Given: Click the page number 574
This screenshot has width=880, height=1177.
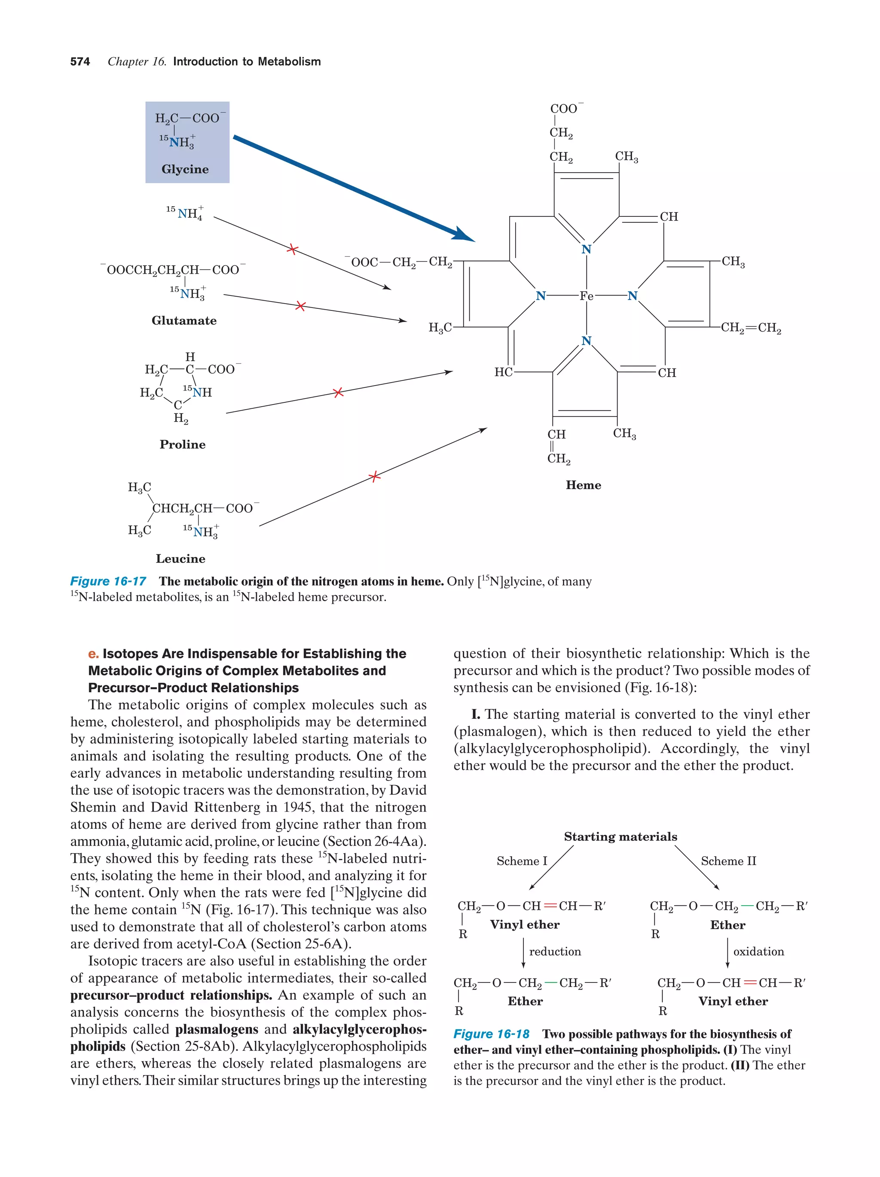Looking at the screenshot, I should point(80,62).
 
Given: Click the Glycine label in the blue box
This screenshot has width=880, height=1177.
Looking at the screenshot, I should point(185,169).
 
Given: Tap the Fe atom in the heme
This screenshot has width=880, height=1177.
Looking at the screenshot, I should point(586,296).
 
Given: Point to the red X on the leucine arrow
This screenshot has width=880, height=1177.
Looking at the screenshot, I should point(375,476).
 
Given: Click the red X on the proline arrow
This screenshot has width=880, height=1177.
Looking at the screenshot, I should point(338,392).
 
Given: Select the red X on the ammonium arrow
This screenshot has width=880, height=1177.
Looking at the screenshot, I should point(292,249).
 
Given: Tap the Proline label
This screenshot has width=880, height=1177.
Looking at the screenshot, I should point(182,444).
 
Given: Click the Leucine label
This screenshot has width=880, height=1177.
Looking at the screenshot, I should point(180,559).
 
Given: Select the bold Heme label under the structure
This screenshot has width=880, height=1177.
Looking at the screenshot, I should point(583,485).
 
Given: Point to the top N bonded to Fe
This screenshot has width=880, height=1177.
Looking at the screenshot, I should point(586,249).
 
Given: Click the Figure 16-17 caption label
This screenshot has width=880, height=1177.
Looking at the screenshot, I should point(108,581).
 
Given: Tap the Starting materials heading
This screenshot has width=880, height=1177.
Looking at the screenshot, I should point(620,836).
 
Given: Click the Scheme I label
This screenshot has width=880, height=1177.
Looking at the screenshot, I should point(521,861).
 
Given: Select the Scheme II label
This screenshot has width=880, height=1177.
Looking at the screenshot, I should point(728,861).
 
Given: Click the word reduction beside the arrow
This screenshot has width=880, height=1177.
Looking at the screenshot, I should point(555,952).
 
